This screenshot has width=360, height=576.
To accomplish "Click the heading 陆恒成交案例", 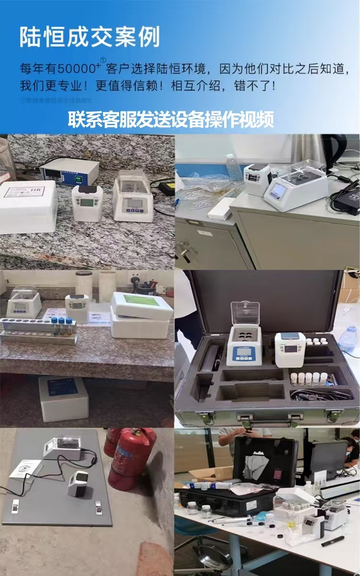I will tap(89, 37).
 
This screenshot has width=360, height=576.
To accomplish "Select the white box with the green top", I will tap(142, 306).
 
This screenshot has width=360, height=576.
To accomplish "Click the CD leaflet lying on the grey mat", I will tap(24, 468).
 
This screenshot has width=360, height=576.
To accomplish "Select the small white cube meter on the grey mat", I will tap(77, 483).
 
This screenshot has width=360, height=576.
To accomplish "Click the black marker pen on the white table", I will tap(332, 542).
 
